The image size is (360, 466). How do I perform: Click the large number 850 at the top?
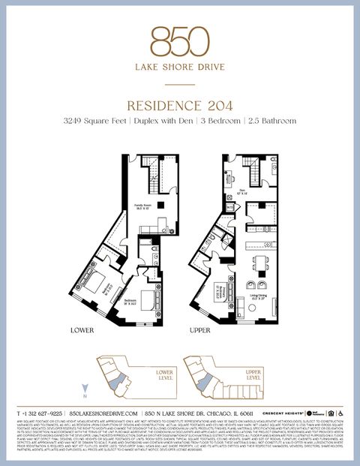click(179, 41)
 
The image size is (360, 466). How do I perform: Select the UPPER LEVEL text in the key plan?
click(253, 374)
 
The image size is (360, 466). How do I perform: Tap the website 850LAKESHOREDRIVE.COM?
click(103, 413)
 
